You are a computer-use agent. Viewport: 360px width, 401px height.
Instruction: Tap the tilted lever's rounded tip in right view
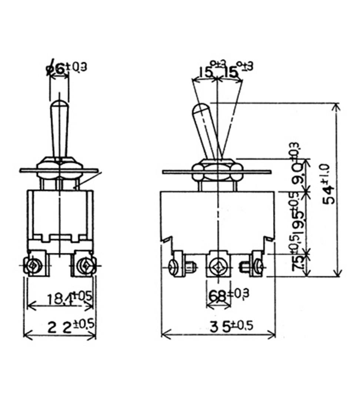(x=199, y=110)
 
